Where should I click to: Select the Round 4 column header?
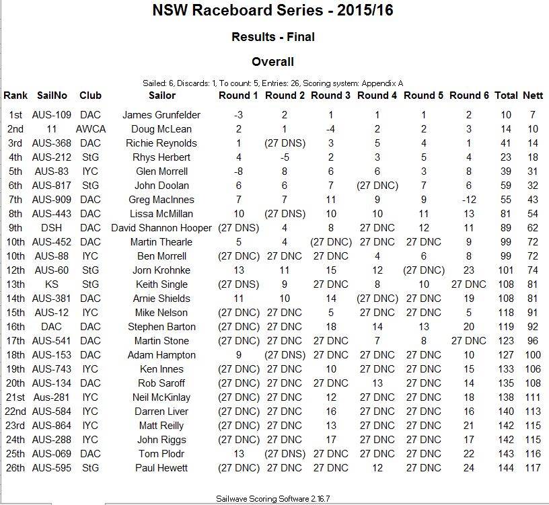(377, 95)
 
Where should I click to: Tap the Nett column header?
(533, 95)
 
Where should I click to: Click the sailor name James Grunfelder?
(161, 115)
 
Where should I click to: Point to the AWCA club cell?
(90, 129)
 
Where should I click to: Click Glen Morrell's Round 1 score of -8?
(238, 171)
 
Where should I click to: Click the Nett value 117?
(532, 468)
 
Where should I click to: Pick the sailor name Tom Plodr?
(161, 454)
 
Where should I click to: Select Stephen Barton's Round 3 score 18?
(330, 327)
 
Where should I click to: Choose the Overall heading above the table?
(272, 63)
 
